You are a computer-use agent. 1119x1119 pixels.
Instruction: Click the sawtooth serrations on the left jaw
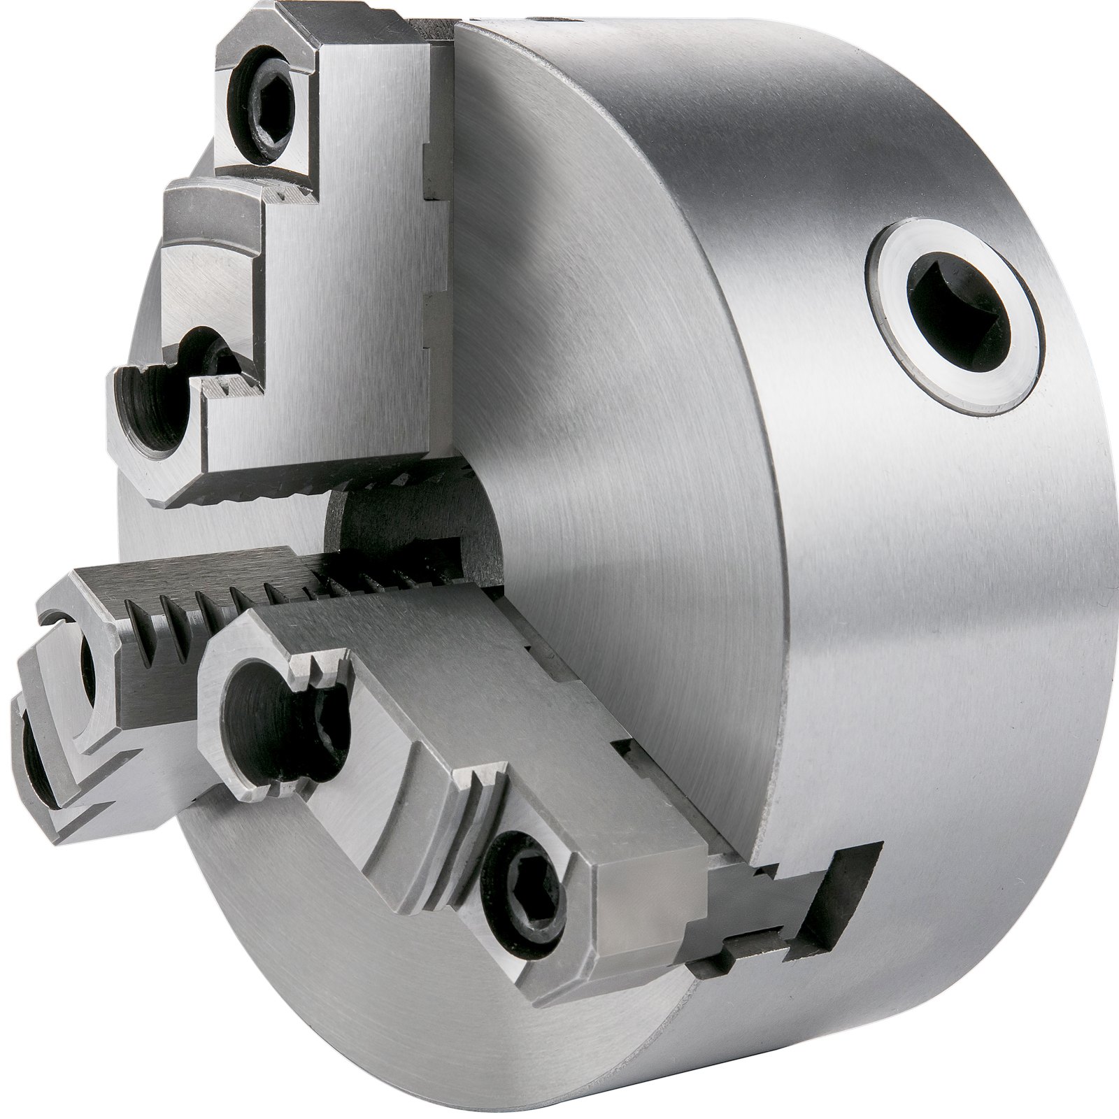pos(210,615)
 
